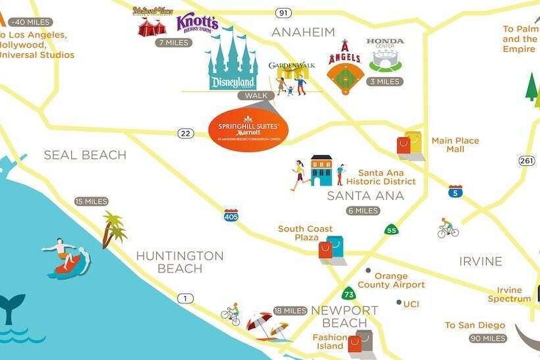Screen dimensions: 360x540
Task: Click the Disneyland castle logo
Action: [232, 63]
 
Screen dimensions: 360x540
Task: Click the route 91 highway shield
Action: [283, 13]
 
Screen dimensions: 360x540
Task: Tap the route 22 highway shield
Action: [186, 134]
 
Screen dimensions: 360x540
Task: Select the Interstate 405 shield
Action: [230, 215]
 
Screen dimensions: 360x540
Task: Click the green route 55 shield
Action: [391, 230]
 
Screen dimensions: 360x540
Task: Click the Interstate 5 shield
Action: [454, 192]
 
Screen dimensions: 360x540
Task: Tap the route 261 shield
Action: [526, 161]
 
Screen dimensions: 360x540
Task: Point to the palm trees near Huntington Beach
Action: [114, 228]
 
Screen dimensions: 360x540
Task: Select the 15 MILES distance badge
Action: [91, 201]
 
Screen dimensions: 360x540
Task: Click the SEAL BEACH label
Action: [84, 155]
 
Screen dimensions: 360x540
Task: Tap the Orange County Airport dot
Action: [368, 270]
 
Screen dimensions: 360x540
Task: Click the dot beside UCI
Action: [399, 303]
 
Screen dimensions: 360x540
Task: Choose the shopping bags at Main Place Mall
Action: [410, 141]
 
